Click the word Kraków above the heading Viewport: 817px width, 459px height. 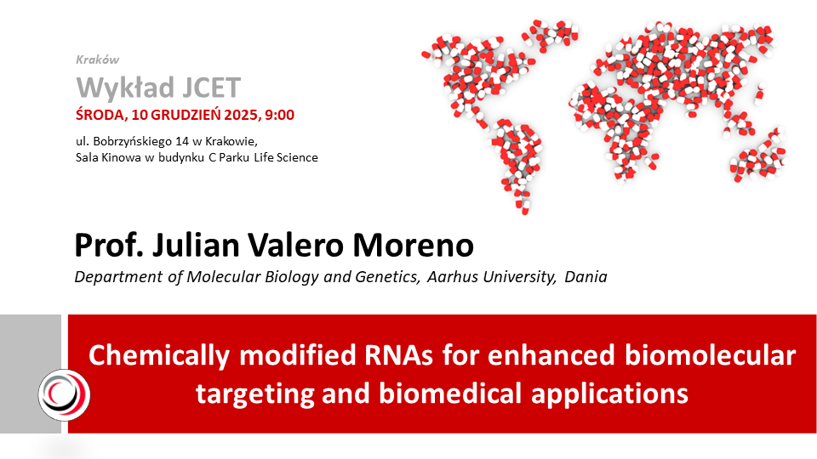[97, 59]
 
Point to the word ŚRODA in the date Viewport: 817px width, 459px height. [100, 115]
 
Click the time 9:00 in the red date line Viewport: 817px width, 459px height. [280, 115]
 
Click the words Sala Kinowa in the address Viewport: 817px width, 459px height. [108, 158]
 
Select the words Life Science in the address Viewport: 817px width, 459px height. [286, 158]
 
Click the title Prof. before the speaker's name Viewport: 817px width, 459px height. [109, 245]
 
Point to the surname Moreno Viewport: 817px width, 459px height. [414, 245]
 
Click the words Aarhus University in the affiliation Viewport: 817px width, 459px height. [491, 277]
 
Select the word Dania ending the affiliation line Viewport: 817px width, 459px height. [586, 277]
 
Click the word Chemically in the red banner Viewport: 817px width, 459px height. [159, 356]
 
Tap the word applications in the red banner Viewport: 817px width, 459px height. [609, 394]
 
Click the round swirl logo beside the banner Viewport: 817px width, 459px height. [65, 395]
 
